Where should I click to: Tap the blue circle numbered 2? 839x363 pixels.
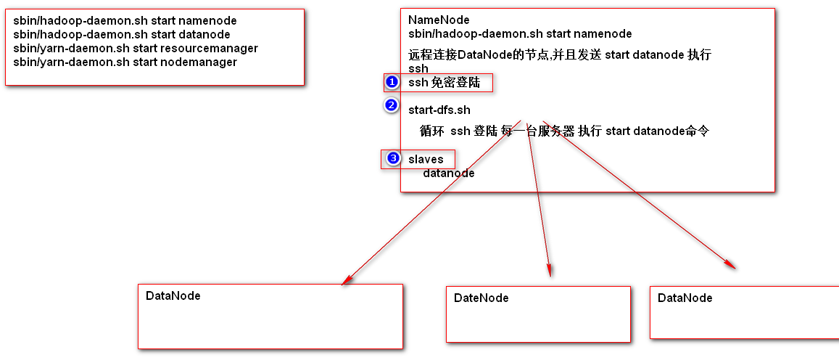(x=392, y=105)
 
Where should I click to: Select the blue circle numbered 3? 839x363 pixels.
(x=394, y=158)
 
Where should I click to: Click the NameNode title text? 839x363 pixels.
(x=439, y=20)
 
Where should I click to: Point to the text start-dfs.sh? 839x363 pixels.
(x=439, y=110)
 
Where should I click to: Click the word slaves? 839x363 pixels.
(x=426, y=159)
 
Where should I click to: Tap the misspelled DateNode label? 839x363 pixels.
(x=481, y=298)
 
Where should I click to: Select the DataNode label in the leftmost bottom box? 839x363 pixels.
(x=173, y=296)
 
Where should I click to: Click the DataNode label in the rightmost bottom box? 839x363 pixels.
(x=685, y=298)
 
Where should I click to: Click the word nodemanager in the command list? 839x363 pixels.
(x=204, y=62)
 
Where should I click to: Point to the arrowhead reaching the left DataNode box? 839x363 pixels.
(x=346, y=280)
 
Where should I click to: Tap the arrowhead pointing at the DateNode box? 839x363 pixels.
(x=549, y=271)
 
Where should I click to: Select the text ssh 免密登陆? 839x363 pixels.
(x=444, y=83)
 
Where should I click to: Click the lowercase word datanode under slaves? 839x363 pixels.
(x=448, y=174)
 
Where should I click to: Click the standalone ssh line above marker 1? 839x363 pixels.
(x=418, y=68)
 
